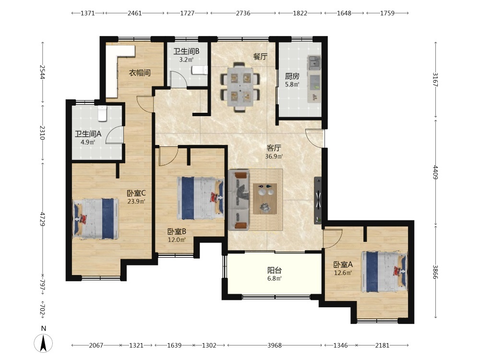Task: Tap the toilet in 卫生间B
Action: [200, 70]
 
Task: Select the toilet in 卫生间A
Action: [102, 113]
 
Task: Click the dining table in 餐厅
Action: [240, 87]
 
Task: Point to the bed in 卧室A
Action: [385, 272]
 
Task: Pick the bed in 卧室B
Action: [200, 198]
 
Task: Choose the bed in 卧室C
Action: [96, 218]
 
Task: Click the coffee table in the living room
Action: [265, 199]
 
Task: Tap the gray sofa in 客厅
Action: [239, 200]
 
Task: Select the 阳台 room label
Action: [274, 270]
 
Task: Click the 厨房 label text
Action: [292, 76]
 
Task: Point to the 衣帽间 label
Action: [140, 73]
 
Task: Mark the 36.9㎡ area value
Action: [274, 156]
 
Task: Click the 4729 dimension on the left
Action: [43, 219]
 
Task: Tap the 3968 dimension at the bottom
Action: [274, 345]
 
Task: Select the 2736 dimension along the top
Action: [243, 13]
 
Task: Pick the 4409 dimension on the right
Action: [435, 172]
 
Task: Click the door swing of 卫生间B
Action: [178, 79]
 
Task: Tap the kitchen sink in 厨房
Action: [314, 62]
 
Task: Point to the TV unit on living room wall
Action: [318, 201]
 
